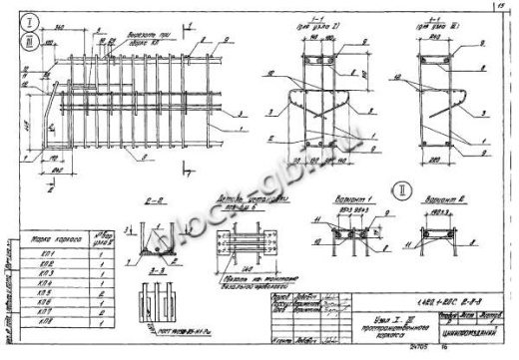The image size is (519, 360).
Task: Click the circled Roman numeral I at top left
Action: click(31, 20)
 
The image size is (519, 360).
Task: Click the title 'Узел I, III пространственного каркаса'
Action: click(383, 320)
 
